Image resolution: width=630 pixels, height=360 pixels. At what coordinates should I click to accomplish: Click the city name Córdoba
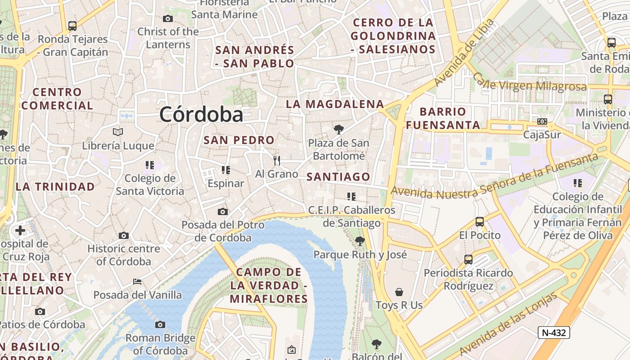201,114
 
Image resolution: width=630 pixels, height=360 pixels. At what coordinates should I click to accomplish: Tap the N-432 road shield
554,333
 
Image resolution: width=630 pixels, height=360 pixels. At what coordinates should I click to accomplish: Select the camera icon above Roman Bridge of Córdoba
160,324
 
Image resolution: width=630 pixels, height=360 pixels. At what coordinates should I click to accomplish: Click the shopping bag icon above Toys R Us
399,292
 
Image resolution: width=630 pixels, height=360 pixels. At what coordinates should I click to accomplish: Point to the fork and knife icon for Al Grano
277,160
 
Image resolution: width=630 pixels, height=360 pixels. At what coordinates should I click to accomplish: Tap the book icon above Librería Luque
118,132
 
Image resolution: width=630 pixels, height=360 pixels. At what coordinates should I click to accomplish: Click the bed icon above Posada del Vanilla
137,282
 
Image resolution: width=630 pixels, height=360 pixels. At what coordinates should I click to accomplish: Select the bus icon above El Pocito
480,222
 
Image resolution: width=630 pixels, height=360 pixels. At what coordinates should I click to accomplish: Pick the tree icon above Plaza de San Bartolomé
338,130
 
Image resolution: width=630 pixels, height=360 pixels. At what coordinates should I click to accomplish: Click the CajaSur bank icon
542,121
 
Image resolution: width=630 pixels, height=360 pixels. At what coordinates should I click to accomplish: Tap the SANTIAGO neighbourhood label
338,177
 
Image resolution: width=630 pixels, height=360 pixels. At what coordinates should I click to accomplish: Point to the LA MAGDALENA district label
335,104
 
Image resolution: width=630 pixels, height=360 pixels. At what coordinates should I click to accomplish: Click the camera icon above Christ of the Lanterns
168,18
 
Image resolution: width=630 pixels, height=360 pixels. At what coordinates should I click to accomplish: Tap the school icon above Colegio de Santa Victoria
150,165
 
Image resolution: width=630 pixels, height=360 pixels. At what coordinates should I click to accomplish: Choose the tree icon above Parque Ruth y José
360,241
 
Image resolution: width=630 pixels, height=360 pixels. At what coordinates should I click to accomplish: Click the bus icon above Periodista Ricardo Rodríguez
468,260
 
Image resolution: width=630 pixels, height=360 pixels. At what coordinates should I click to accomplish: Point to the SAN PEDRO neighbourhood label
239,140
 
